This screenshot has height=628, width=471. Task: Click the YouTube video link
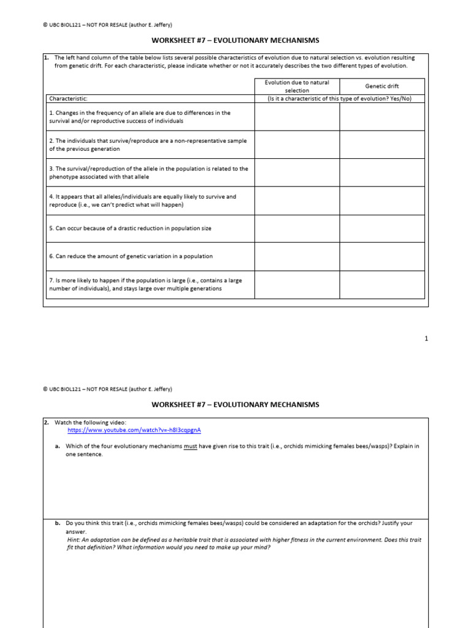point(134,431)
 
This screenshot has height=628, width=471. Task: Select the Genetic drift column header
point(382,86)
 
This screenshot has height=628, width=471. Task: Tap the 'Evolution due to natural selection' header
point(297,86)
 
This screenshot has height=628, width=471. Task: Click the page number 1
point(426,339)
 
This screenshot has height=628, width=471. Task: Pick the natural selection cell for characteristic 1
point(297,117)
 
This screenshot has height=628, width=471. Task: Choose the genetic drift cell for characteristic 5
point(382,228)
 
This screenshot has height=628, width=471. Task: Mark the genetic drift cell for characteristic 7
point(382,285)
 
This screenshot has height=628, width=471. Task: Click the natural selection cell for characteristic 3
point(297,172)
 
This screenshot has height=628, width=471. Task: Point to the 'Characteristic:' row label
point(68,98)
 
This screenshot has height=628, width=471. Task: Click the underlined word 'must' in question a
point(190,446)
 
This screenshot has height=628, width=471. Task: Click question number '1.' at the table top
point(46,58)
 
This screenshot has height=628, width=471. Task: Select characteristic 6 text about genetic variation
point(131,256)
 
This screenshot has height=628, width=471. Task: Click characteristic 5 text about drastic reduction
point(130,228)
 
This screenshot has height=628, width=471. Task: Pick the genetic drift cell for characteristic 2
point(382,144)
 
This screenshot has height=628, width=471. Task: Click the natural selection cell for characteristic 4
point(297,201)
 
